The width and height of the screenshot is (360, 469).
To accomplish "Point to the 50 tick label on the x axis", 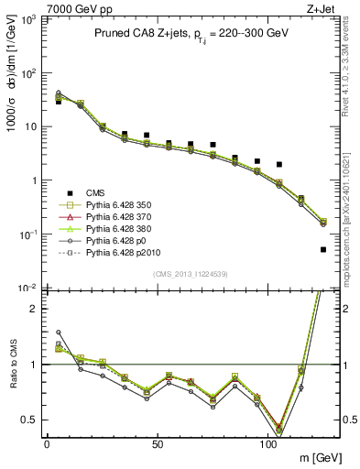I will pyautogui.click(x=158, y=443).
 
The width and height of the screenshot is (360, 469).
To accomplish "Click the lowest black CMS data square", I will pyautogui.click(x=323, y=249).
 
